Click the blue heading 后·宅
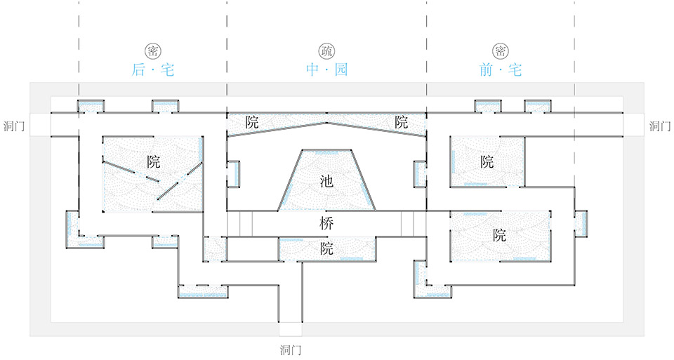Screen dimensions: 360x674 coord(152,70)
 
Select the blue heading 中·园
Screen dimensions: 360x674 coord(326,70)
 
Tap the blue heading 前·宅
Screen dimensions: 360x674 coord(501,70)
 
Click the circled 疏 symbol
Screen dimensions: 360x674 coord(326,51)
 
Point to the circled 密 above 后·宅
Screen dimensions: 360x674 coord(152,51)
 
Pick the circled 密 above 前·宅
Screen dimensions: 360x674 coord(501,51)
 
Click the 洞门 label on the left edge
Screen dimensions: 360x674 coord(14,126)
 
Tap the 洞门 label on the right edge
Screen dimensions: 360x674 coord(660,126)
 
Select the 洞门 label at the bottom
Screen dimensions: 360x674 coord(291,349)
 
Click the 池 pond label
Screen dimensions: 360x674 coord(326,181)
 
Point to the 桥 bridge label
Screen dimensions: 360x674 coord(326,225)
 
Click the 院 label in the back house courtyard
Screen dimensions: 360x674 coord(154,162)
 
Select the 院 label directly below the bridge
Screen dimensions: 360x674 coord(326,248)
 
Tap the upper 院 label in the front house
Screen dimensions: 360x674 coord(487,162)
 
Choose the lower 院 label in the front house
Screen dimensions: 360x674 coord(499,235)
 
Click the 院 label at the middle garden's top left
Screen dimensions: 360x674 coord(252,121)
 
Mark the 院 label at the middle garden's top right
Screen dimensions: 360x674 coord(401,121)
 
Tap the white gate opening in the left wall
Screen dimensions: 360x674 coord(40,125)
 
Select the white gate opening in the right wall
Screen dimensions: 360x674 coord(633,125)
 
